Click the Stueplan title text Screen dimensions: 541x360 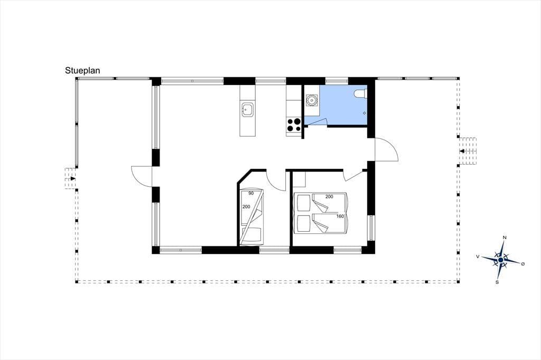[x=82, y=70]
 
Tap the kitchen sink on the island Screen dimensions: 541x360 [x=248, y=110]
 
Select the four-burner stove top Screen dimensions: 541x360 [x=294, y=125]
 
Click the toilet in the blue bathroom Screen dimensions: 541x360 [x=360, y=93]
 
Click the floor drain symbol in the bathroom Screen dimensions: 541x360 [x=365, y=113]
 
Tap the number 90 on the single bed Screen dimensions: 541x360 [x=251, y=193]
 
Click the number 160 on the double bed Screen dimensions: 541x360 [x=340, y=216]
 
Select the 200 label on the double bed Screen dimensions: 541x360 [x=329, y=196]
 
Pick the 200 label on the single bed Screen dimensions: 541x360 [x=246, y=206]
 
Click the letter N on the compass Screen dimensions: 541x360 [x=505, y=237]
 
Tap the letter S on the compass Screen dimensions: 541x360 [x=497, y=282]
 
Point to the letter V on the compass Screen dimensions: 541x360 [x=478, y=257]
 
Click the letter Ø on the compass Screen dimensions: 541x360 [x=523, y=264]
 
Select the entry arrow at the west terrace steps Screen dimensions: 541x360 [x=72, y=178]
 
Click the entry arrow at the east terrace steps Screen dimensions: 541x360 [x=462, y=151]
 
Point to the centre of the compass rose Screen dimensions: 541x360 [x=500, y=259]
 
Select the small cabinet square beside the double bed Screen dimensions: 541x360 [x=300, y=179]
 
